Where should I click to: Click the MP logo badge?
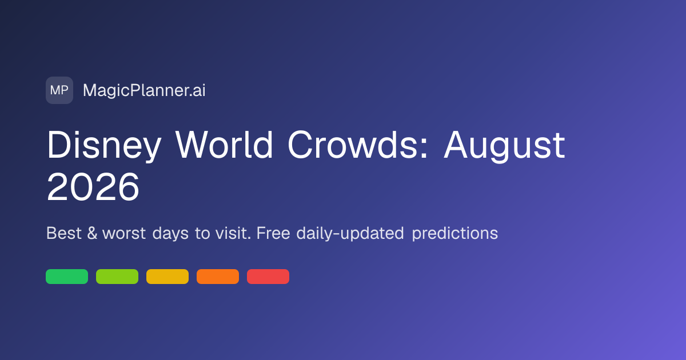[x=59, y=90]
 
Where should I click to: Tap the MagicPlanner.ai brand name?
[x=144, y=90]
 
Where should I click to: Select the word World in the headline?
[x=224, y=145]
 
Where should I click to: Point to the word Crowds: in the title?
[x=358, y=145]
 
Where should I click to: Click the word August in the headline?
[x=504, y=146]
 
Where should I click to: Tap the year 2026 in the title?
[x=93, y=187]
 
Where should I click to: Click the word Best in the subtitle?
[x=64, y=233]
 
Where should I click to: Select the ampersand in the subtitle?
[x=92, y=233]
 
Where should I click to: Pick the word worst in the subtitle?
[x=124, y=234]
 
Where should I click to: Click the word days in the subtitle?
[x=170, y=234]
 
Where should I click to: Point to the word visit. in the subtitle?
[x=233, y=233]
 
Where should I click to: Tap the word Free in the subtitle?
[x=273, y=233]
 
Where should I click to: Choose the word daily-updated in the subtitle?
[x=350, y=234]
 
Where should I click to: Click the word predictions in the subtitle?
[x=455, y=234]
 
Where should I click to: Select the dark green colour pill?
[x=67, y=277]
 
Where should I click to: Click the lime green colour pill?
[x=117, y=277]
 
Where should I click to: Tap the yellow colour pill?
[x=167, y=277]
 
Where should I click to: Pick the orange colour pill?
[x=218, y=277]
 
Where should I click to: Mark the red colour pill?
[x=268, y=277]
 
